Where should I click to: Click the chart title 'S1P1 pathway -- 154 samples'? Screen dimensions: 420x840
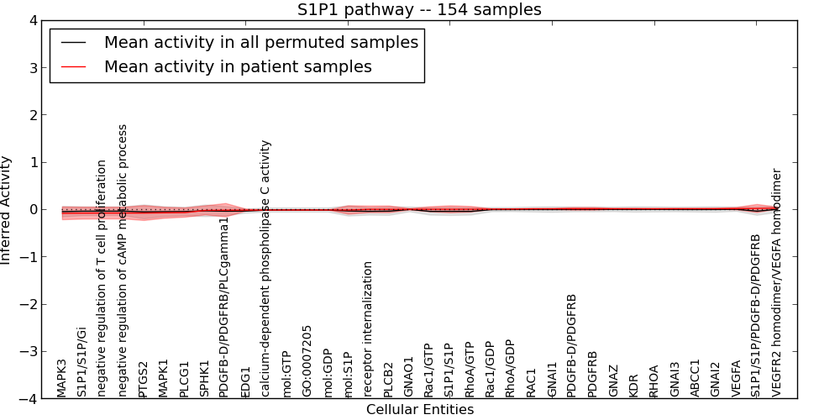(419, 9)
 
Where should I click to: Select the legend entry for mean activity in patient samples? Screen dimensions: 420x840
(238, 66)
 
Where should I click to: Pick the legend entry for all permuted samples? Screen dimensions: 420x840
(260, 42)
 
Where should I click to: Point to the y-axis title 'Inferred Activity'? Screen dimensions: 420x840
(7, 210)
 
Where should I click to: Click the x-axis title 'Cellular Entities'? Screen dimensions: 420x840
(419, 410)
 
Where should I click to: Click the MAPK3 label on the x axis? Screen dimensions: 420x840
(62, 378)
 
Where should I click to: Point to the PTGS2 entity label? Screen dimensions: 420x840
(144, 379)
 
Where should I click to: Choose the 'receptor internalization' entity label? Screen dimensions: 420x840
(368, 328)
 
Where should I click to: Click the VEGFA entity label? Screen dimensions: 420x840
(736, 378)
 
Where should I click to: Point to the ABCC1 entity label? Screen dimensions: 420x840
(695, 379)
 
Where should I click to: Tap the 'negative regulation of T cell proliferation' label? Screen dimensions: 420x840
(102, 279)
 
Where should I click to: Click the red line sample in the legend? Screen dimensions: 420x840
(74, 66)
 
